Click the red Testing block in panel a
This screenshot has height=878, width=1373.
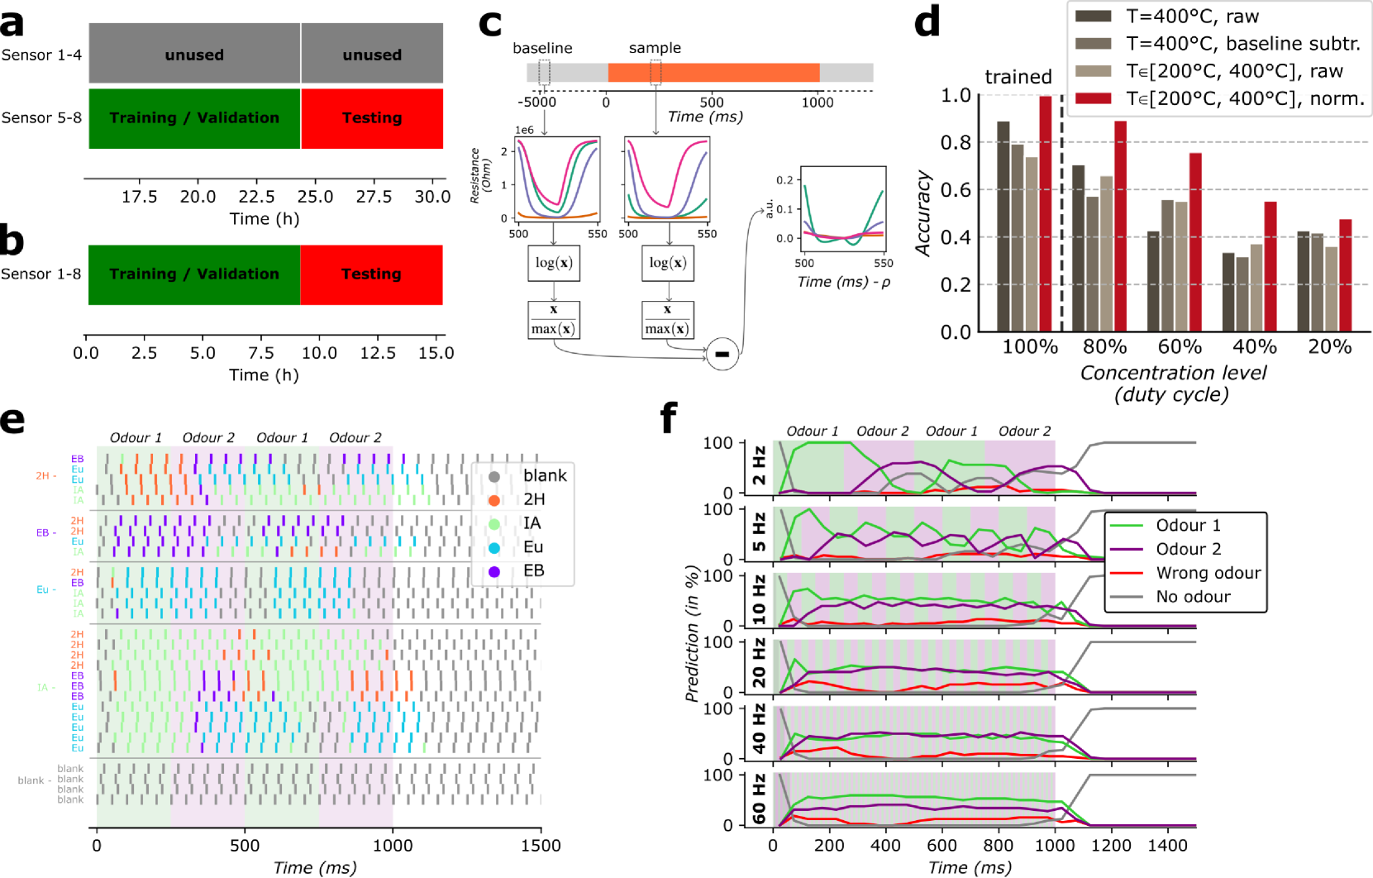click(x=372, y=118)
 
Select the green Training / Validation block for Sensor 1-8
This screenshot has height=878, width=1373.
click(x=194, y=274)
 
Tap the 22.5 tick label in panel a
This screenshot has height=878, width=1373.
click(x=256, y=197)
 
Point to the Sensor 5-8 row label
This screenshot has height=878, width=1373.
click(x=41, y=118)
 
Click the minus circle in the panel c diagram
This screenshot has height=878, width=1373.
click(x=722, y=354)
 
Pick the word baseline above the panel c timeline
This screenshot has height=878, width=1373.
click(x=542, y=48)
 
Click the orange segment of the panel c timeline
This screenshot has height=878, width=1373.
click(x=713, y=73)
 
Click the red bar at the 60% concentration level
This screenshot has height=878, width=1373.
click(x=1195, y=242)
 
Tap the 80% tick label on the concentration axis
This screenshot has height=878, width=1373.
click(x=1104, y=347)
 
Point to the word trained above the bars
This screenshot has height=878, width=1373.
click(x=1018, y=77)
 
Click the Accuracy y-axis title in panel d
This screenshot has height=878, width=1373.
click(x=923, y=213)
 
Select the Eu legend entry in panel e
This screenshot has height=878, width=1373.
click(x=533, y=547)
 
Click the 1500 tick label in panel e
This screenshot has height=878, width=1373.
click(x=541, y=846)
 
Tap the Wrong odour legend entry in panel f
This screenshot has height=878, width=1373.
click(x=1208, y=573)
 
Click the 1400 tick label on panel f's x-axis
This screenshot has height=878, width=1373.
click(x=1167, y=846)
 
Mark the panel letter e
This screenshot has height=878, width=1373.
click(x=12, y=420)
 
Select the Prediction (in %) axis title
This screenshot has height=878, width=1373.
click(x=693, y=633)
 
